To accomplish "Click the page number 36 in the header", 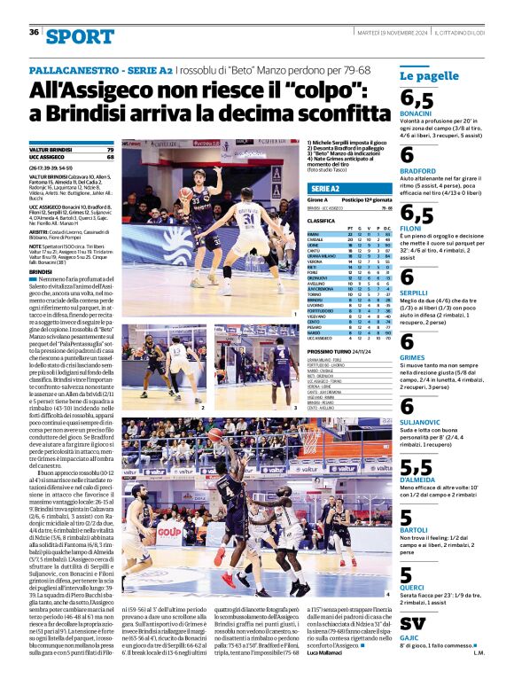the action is point(35,33).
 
